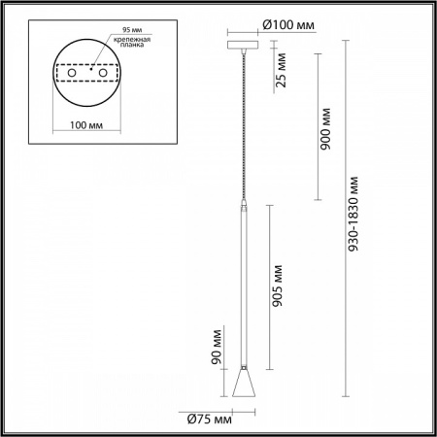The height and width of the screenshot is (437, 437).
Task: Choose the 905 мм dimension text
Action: click(x=280, y=286)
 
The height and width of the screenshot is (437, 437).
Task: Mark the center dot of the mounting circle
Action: click(x=89, y=70)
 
